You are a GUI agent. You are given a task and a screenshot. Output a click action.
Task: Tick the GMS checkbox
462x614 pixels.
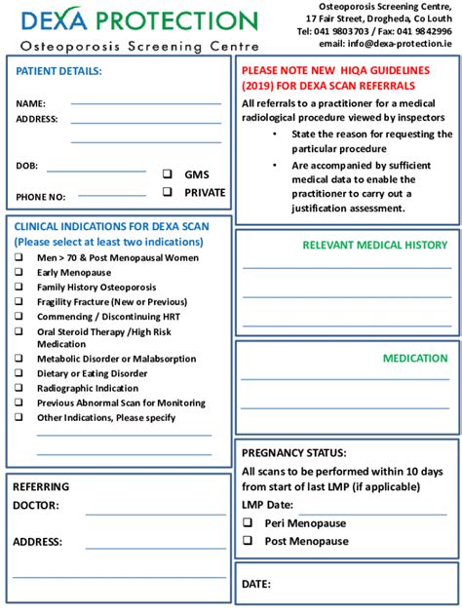(x=167, y=173)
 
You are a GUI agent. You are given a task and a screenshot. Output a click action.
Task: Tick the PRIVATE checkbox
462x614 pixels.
(x=167, y=192)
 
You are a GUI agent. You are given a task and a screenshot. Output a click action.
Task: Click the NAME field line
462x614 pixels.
(x=145, y=101)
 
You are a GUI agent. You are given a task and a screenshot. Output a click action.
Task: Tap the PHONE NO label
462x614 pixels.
(x=41, y=197)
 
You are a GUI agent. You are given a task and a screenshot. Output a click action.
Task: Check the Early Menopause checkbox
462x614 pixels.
(x=19, y=273)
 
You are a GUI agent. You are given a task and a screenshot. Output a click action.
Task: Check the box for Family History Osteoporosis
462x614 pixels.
(x=19, y=288)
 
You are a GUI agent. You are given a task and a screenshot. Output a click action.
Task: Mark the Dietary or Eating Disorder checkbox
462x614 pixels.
(x=19, y=373)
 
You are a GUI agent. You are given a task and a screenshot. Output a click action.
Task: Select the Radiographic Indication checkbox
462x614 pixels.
(x=19, y=388)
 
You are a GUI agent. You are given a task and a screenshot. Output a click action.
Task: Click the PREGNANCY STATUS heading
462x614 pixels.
(x=293, y=452)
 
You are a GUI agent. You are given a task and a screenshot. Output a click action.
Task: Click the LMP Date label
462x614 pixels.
(x=267, y=505)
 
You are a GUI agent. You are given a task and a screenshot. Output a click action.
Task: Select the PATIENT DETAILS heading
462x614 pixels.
(x=58, y=71)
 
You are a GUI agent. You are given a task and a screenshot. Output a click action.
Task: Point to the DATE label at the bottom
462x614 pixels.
(x=255, y=584)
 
